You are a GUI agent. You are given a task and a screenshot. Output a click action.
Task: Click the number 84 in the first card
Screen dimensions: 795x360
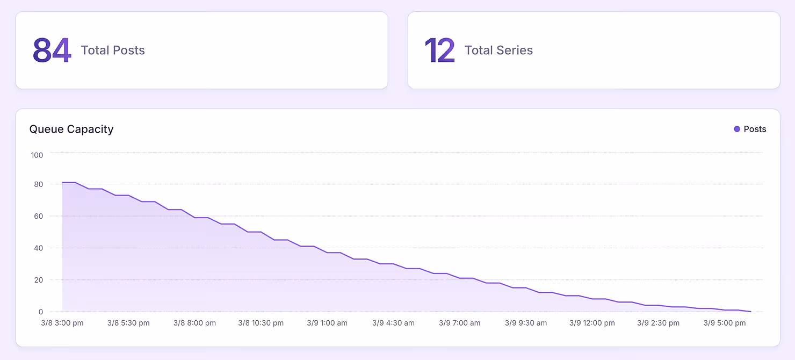pyautogui.click(x=52, y=51)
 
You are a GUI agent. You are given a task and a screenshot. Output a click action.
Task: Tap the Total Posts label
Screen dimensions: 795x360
pyautogui.click(x=113, y=51)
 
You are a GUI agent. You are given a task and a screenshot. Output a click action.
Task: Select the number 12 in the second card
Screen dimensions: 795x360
pyautogui.click(x=440, y=51)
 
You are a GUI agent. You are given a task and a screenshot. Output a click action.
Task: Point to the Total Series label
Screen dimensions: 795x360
pyautogui.click(x=498, y=51)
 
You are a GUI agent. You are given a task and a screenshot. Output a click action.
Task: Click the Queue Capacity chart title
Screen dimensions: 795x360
pyautogui.click(x=71, y=129)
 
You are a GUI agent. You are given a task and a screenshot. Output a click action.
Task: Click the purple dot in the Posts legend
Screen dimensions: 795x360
pyautogui.click(x=737, y=129)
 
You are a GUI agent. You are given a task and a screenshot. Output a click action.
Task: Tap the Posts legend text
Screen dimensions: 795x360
pyautogui.click(x=755, y=129)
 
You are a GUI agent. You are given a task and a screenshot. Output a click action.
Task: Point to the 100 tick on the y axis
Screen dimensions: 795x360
pyautogui.click(x=37, y=155)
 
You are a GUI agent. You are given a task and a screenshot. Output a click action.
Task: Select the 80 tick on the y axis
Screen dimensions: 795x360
pyautogui.click(x=38, y=184)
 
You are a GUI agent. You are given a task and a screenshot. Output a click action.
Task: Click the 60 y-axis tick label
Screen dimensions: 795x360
pyautogui.click(x=38, y=216)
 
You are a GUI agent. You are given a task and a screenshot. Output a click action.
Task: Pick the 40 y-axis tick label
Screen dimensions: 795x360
pyautogui.click(x=38, y=248)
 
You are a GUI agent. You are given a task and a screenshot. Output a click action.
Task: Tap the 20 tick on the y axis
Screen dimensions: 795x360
pyautogui.click(x=38, y=280)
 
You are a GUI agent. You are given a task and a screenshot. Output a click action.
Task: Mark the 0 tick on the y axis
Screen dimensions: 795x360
pyautogui.click(x=41, y=312)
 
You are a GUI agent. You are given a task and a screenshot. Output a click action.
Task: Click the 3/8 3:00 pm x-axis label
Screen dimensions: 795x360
pyautogui.click(x=62, y=323)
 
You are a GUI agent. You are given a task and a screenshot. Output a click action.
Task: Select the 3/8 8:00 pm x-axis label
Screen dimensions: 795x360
pyautogui.click(x=194, y=323)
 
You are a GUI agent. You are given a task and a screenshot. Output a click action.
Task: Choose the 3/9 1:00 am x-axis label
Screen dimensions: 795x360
pyautogui.click(x=327, y=323)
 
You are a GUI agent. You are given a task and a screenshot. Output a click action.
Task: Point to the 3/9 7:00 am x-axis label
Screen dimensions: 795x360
pyautogui.click(x=460, y=323)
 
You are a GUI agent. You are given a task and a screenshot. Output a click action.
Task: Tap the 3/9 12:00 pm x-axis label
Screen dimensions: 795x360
pyautogui.click(x=592, y=323)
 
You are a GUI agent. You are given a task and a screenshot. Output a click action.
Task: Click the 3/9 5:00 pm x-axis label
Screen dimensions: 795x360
pyautogui.click(x=725, y=323)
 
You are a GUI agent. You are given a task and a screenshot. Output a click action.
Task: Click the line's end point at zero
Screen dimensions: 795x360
pyautogui.click(x=750, y=312)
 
